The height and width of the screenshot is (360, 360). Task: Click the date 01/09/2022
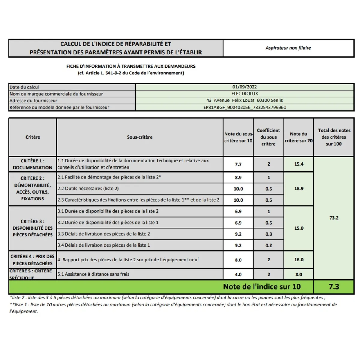[x=244, y=87]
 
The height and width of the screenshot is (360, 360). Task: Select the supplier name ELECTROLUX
[x=244, y=94]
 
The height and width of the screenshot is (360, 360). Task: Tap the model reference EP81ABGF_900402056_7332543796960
[x=244, y=107]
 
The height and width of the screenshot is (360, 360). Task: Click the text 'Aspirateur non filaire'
[x=288, y=48]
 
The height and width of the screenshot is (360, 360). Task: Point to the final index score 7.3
[x=334, y=287]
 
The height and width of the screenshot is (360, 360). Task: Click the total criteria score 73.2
[x=334, y=218]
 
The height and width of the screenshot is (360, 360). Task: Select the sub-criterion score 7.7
[x=238, y=164]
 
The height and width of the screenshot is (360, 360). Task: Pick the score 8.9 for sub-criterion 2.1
[x=238, y=178]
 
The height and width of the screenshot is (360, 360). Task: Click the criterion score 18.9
[x=299, y=188]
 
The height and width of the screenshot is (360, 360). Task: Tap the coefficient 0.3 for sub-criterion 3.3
[x=268, y=234]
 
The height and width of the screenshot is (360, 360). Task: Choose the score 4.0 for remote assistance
[x=238, y=274]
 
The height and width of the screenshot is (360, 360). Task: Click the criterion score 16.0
[x=299, y=260]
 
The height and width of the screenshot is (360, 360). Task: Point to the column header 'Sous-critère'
[x=140, y=137]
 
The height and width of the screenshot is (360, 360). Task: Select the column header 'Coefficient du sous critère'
[x=268, y=137]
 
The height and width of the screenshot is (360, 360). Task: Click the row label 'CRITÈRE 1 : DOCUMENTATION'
[x=32, y=164]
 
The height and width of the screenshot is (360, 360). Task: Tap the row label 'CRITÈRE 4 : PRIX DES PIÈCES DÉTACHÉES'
[x=32, y=260]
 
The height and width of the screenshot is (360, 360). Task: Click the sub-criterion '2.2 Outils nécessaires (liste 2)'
[x=88, y=189]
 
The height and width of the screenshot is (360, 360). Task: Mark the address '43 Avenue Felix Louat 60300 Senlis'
[x=244, y=100]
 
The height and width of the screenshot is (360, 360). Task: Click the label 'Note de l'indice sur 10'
[x=262, y=287]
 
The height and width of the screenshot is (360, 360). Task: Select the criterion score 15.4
[x=299, y=164]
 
